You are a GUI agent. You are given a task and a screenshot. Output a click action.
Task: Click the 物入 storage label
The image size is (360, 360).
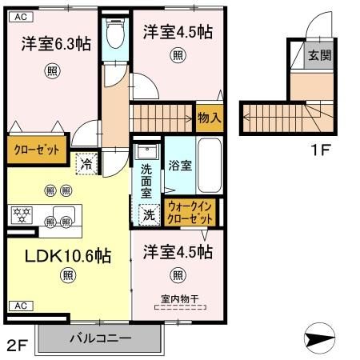click(x=209, y=118)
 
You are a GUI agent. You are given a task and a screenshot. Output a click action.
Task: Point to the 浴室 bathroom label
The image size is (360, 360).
click(x=179, y=166)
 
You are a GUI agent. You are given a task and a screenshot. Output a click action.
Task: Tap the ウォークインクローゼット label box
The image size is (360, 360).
click(x=190, y=211)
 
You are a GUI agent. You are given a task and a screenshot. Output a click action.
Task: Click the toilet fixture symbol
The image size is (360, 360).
click(x=114, y=34)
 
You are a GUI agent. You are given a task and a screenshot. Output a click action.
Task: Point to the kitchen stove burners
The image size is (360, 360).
click(x=20, y=214)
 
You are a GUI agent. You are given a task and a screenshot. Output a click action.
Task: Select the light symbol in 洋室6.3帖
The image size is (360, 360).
click(x=51, y=70)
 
